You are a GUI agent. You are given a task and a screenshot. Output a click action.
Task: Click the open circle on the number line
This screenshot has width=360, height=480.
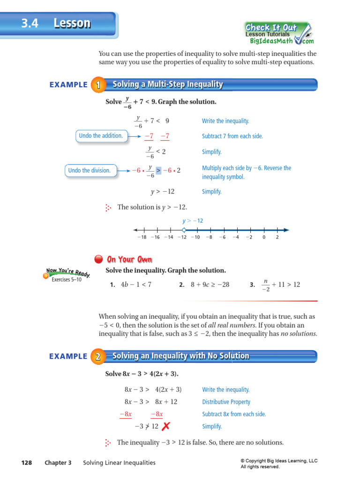184,230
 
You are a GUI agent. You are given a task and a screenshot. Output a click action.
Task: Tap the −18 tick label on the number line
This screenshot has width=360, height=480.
142,238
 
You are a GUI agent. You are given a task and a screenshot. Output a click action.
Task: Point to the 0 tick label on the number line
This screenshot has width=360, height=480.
264,238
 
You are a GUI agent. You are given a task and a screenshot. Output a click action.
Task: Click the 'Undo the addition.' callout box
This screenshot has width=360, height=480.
101,136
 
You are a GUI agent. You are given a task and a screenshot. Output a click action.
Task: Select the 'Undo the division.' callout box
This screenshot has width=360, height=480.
89,171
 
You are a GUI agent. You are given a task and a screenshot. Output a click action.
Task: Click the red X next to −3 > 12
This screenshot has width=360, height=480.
165,426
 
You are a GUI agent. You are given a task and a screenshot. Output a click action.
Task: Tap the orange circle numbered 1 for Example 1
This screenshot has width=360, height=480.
97,85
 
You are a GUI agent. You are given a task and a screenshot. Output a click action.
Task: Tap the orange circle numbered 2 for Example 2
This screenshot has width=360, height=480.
97,357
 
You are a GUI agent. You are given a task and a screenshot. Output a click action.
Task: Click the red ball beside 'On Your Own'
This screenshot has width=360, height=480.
98,259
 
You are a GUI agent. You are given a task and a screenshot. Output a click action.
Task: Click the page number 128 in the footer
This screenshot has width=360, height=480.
27,463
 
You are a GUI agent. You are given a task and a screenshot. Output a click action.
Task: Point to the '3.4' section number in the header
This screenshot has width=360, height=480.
30,23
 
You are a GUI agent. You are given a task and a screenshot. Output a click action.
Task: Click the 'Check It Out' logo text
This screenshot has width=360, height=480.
271,27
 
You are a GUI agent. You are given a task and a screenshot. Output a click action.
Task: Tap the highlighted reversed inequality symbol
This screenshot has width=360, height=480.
158,171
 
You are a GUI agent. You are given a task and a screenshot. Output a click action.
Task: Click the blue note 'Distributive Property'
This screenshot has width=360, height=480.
226,402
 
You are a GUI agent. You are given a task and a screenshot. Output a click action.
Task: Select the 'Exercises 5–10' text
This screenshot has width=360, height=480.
67,280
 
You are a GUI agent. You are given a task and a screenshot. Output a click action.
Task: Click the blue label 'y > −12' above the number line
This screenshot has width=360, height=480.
193,220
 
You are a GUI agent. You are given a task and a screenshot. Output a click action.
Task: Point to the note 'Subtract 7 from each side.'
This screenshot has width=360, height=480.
232,136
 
